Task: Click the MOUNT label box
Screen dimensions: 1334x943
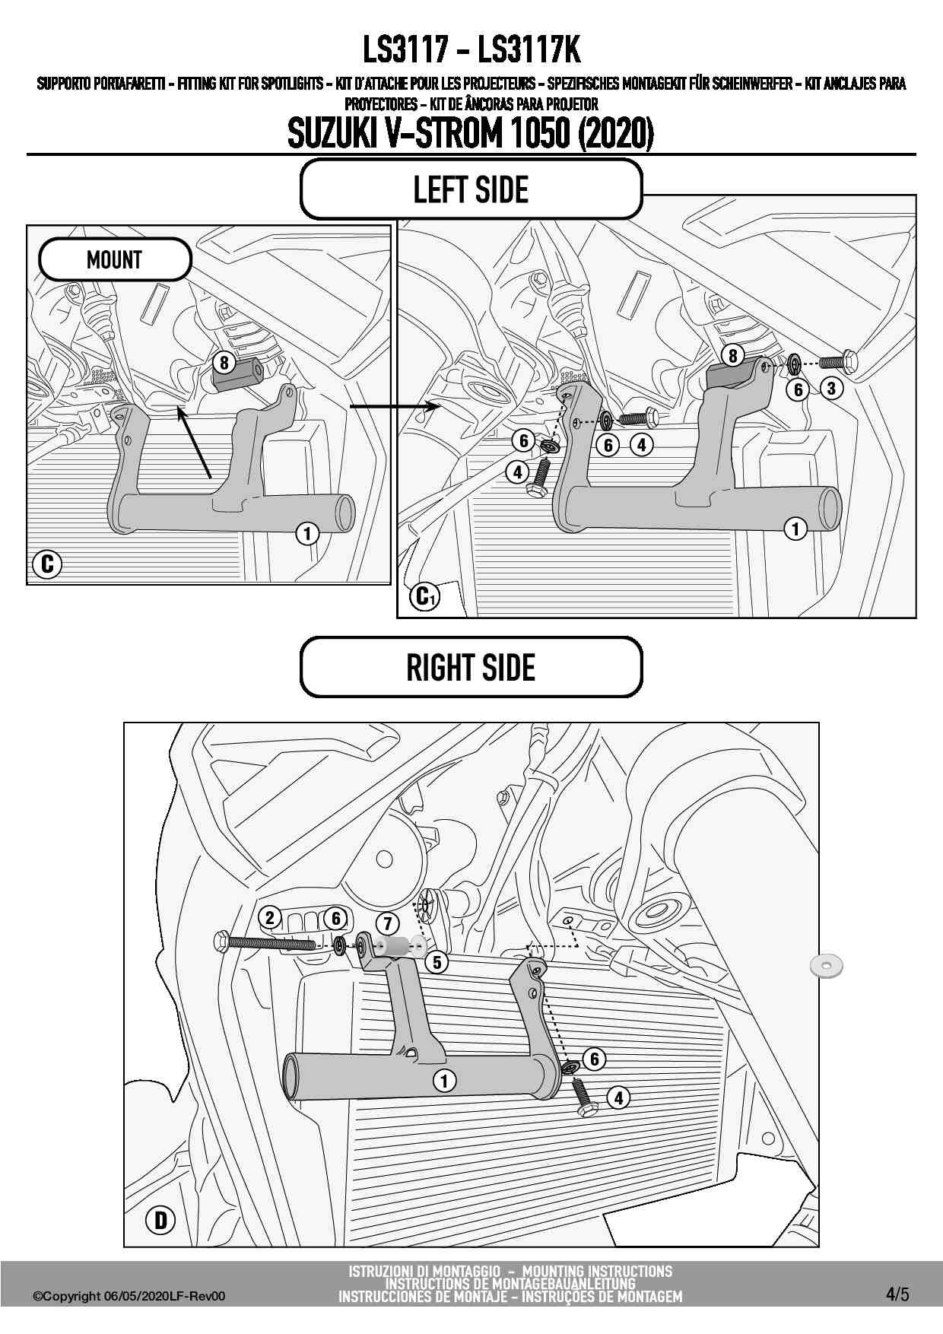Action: coord(114,259)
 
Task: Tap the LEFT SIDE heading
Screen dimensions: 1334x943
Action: coord(471,189)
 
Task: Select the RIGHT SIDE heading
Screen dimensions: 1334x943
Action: coord(471,667)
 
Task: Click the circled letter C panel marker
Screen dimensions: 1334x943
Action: coord(47,564)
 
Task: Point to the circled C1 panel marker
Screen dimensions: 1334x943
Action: coord(424,596)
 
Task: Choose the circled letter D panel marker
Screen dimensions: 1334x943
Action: coord(160,1220)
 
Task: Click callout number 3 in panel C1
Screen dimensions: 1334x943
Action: coord(831,388)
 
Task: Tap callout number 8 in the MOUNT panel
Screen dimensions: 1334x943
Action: coord(224,363)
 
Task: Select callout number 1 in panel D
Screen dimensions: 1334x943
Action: coord(445,1080)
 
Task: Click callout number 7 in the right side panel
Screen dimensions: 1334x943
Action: coord(388,923)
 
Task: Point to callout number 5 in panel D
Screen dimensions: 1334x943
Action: coord(437,962)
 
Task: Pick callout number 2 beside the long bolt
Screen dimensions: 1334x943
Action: coord(270,917)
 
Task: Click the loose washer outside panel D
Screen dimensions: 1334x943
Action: coord(827,966)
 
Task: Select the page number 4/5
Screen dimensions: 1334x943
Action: coord(897,1294)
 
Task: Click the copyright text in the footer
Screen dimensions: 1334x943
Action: coord(129,1296)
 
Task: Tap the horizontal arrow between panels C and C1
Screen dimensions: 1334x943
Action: coord(395,407)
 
